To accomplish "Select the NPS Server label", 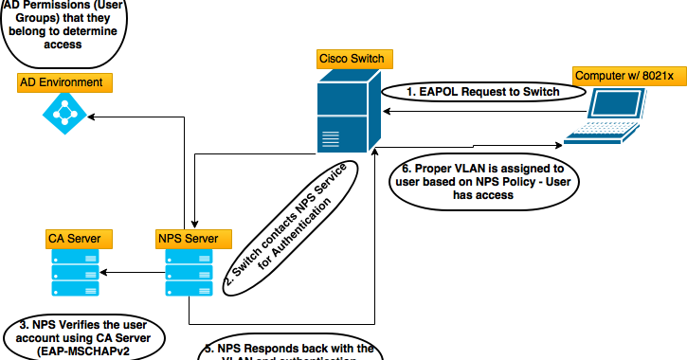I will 188,237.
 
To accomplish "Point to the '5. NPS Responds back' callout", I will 292,351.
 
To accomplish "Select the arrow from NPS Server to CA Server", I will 133,273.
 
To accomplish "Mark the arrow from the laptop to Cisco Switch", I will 474,111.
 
